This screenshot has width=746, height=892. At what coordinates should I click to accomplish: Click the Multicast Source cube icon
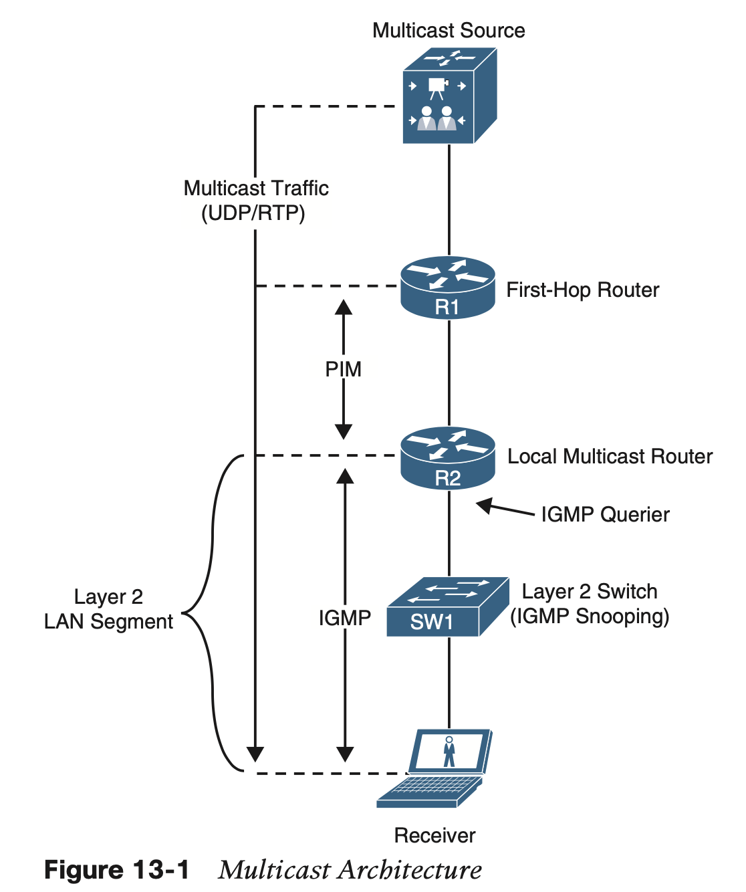click(449, 96)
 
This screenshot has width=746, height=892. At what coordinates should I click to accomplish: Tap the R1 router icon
click(448, 288)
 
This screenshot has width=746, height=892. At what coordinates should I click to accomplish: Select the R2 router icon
click(448, 459)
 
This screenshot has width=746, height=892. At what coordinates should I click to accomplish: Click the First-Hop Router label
click(582, 290)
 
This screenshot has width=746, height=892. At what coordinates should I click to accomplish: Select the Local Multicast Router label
click(610, 457)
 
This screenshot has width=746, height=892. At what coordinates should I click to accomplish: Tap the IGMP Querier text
click(605, 514)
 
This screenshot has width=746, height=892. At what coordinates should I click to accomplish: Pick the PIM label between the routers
click(343, 369)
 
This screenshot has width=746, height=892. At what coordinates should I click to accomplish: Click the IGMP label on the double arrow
click(344, 618)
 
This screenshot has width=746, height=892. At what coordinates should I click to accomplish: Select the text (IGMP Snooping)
click(590, 617)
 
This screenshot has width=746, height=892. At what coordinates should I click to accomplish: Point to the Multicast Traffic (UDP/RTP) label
click(256, 201)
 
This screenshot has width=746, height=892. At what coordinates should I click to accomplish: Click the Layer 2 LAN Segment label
click(108, 609)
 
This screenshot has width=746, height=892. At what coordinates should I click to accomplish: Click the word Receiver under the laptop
click(434, 835)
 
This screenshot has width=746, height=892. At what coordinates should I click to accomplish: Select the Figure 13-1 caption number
click(116, 870)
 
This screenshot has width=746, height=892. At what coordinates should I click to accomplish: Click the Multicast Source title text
click(449, 31)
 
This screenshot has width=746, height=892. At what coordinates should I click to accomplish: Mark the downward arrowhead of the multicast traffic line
click(255, 754)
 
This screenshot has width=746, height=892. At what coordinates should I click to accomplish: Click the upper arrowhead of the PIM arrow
click(344, 308)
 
